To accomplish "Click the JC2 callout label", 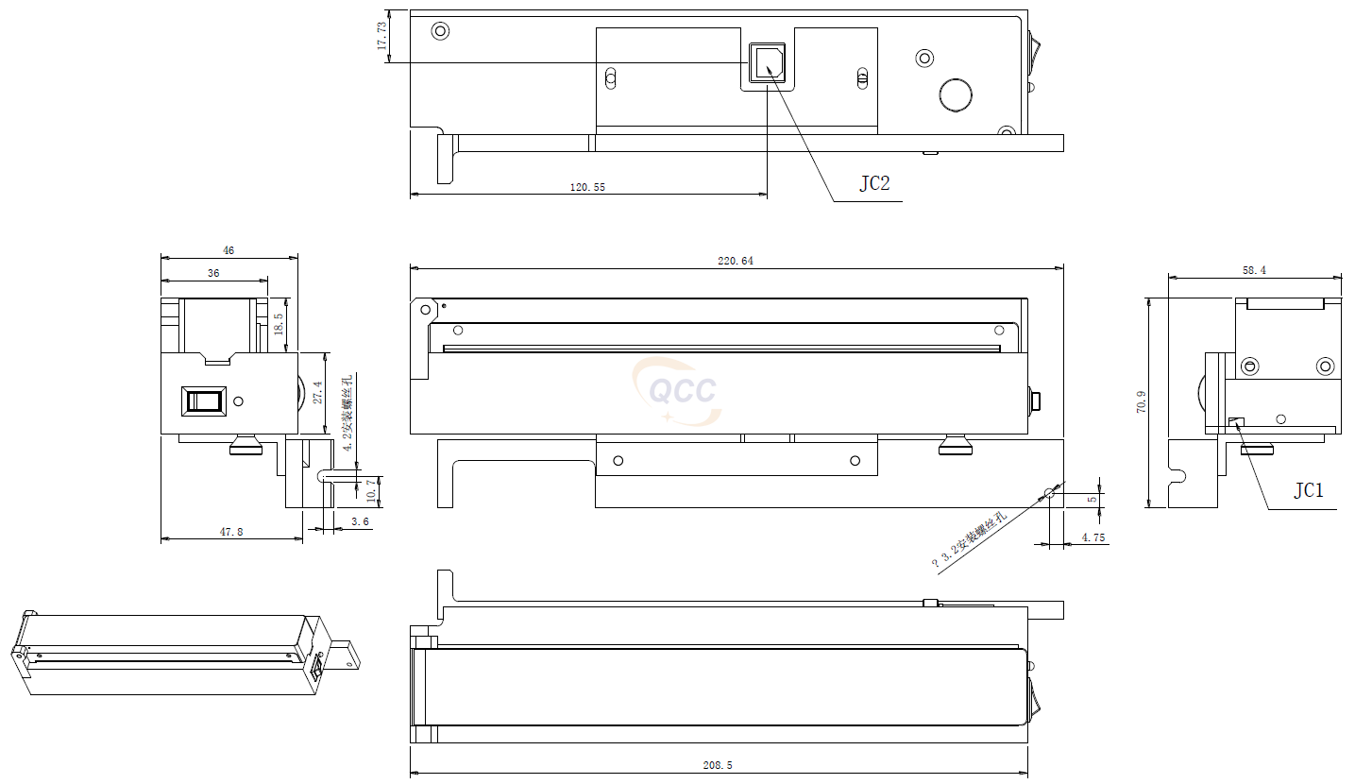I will tap(873, 183).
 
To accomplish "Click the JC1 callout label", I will tap(1308, 490).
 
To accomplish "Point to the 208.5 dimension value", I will tap(718, 766).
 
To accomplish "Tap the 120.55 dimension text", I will tap(587, 187).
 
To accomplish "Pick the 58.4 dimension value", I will tap(1254, 270).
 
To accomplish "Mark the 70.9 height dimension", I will tap(1141, 403).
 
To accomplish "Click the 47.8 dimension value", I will tap(231, 533).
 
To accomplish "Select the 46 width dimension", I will tap(229, 251).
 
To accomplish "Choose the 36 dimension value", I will tap(213, 273).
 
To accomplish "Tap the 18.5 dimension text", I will tap(278, 325).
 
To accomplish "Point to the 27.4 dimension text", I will tap(317, 393).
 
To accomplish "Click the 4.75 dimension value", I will tap(1093, 537).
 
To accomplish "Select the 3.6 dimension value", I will tap(360, 521).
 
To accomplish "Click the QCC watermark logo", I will tap(677, 390).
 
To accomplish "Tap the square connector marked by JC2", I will tap(765, 63).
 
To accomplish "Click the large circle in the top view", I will tap(955, 94).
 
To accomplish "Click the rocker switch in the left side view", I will tap(205, 401).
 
